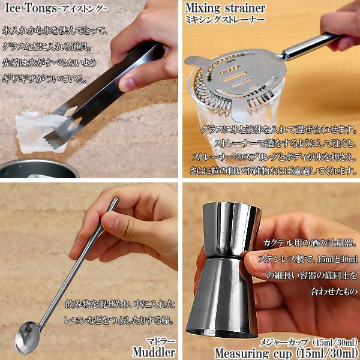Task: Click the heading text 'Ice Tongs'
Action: [x=31, y=8]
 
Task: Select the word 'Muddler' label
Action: [x=154, y=352]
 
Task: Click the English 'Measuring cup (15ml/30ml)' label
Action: [x=286, y=353]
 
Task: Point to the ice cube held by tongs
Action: [x=37, y=131]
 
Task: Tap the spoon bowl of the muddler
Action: [x=27, y=337]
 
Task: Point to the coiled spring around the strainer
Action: [x=232, y=101]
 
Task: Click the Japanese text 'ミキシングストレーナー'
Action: [x=225, y=20]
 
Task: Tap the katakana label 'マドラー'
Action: [x=161, y=341]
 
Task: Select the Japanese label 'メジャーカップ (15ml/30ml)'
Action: [x=308, y=343]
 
